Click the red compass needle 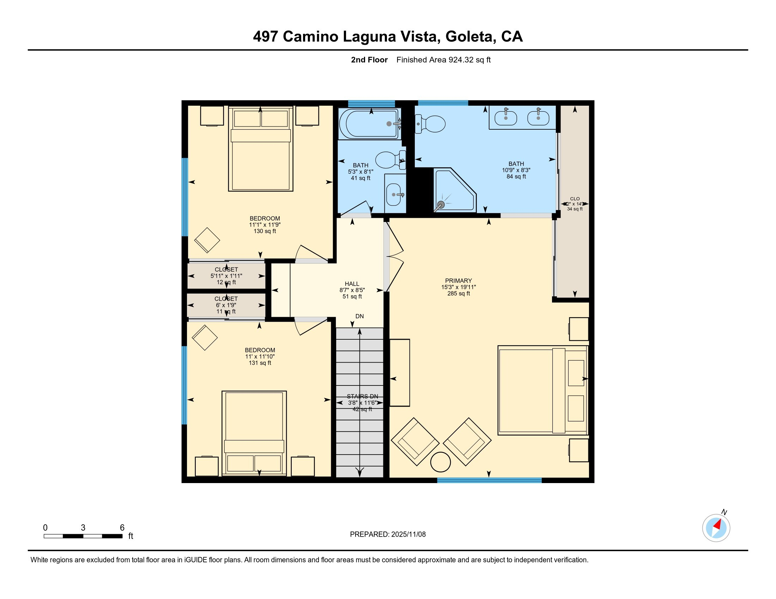click(717, 524)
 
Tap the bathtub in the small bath click(368, 123)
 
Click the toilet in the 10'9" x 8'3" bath click(430, 124)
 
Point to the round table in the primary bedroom click(440, 462)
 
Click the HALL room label click(352, 284)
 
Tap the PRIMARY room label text click(458, 281)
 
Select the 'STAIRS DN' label click(362, 396)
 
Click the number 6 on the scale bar click(122, 528)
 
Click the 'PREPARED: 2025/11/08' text click(388, 535)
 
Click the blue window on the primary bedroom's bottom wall click(489, 480)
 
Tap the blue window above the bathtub click(371, 104)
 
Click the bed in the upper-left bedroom click(260, 149)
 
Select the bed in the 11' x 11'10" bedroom click(254, 433)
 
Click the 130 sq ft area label click(265, 231)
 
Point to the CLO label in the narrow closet click(575, 199)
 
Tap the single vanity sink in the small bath click(393, 194)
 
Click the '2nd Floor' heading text click(369, 60)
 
